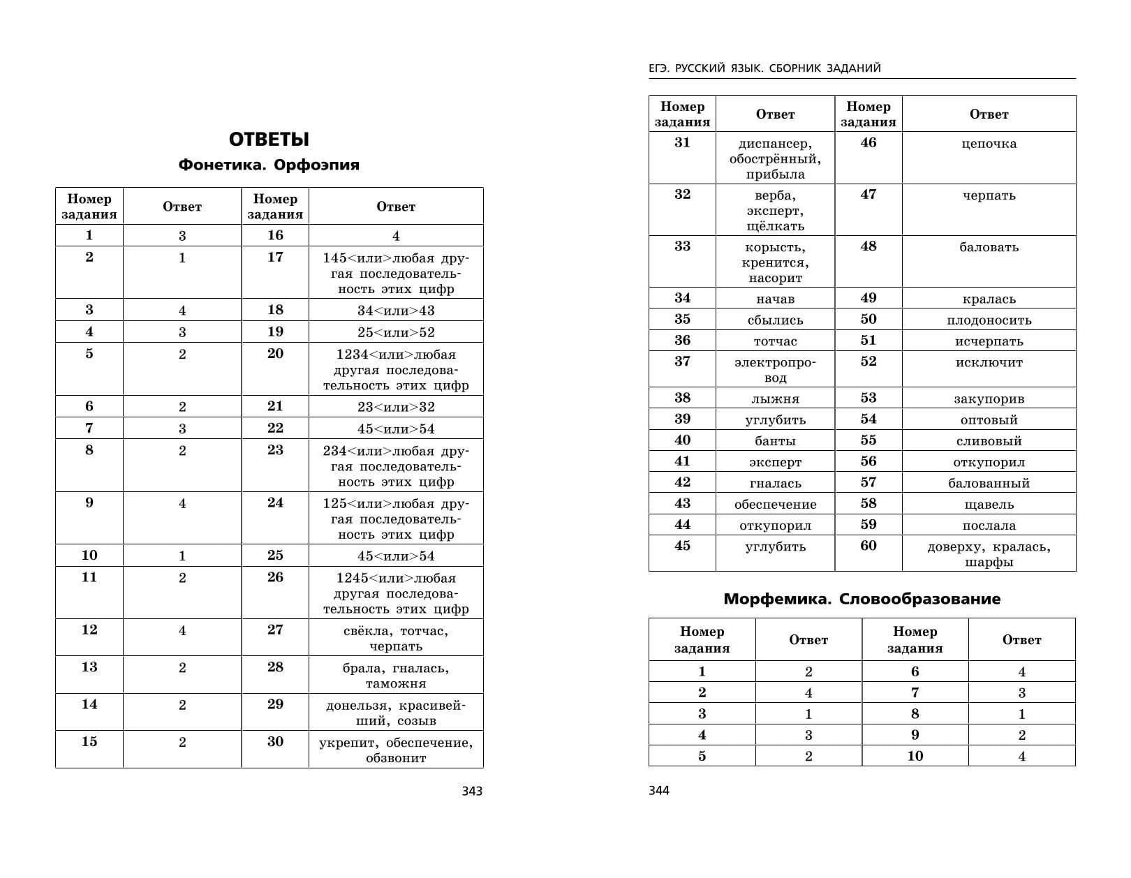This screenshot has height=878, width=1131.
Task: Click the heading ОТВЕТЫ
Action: (x=269, y=140)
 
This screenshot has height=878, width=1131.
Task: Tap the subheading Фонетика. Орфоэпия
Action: (x=269, y=165)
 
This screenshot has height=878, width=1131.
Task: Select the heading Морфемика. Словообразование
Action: (x=862, y=599)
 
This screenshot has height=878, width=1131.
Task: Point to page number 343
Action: (x=472, y=791)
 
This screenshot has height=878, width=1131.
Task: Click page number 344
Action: (x=659, y=791)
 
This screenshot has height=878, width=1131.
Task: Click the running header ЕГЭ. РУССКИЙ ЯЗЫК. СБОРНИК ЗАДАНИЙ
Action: (x=764, y=68)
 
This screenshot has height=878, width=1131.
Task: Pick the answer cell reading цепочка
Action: (x=989, y=144)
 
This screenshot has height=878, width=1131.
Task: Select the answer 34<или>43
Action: (x=396, y=311)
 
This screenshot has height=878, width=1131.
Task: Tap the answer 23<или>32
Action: (x=396, y=407)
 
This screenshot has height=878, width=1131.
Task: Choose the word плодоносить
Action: (x=989, y=320)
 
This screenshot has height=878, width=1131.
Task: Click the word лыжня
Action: (x=775, y=399)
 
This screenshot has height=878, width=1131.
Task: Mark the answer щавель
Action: (x=989, y=505)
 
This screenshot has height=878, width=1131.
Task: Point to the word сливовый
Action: (x=989, y=441)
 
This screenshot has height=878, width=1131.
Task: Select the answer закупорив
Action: (x=989, y=399)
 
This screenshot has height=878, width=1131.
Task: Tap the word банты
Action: (x=775, y=441)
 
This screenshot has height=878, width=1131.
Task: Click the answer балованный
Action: (x=989, y=483)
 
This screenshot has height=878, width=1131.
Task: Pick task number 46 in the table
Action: (x=868, y=142)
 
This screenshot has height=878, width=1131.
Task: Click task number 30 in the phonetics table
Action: (x=275, y=742)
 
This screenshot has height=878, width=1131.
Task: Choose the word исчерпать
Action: (x=989, y=341)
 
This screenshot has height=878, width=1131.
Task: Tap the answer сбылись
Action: (x=775, y=320)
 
